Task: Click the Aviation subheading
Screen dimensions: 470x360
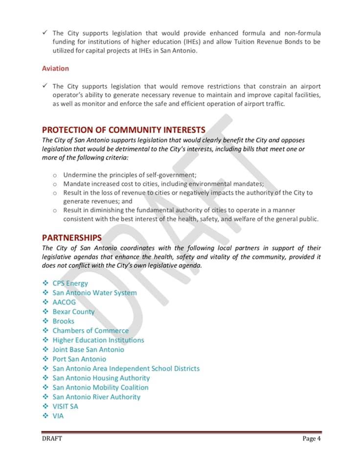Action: (x=55, y=69)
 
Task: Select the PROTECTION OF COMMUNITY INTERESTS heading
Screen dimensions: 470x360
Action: (x=124, y=130)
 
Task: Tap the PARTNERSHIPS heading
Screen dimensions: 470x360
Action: (x=72, y=238)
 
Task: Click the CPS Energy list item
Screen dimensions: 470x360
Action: (x=70, y=283)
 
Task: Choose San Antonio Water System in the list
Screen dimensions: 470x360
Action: (x=94, y=293)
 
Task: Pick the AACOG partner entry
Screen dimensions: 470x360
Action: (x=64, y=302)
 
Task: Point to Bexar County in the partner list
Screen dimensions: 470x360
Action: (x=73, y=312)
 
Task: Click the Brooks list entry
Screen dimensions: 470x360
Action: (x=64, y=321)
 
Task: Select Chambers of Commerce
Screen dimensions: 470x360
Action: (x=90, y=330)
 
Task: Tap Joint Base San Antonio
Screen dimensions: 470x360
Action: (x=88, y=350)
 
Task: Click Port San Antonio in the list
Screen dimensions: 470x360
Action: (x=79, y=359)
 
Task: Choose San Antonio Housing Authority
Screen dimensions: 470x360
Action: (x=101, y=378)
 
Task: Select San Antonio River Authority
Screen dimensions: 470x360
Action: (x=96, y=397)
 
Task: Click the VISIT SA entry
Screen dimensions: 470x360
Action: (x=65, y=406)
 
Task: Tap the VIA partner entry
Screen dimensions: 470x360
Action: (x=58, y=416)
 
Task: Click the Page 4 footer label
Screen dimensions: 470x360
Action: (x=311, y=439)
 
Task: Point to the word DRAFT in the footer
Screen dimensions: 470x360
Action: (x=52, y=439)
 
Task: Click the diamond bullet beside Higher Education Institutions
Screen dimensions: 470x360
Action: (x=45, y=340)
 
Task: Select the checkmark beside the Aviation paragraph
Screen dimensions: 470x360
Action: (x=45, y=86)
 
